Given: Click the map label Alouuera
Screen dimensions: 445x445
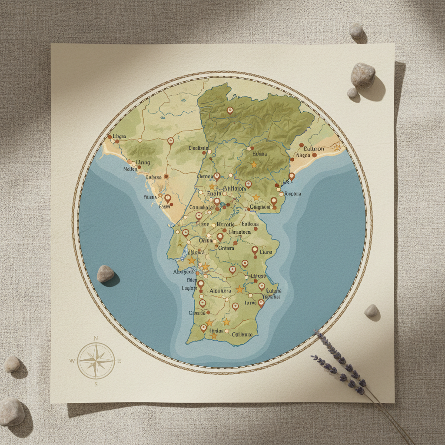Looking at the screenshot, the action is click(220, 291).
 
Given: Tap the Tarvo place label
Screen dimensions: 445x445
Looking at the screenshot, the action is click(251, 302).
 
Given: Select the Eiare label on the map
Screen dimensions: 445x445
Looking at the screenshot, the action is click(266, 252).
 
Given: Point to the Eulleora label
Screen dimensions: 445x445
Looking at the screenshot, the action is click(250, 224).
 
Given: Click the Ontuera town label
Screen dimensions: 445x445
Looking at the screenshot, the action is click(226, 248).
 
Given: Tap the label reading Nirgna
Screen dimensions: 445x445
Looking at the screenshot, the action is click(304, 155).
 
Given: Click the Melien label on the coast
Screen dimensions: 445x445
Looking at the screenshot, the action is click(130, 169).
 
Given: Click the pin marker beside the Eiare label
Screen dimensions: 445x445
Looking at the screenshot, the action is click(255, 250).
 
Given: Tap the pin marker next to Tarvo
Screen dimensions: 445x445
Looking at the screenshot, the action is click(261, 303).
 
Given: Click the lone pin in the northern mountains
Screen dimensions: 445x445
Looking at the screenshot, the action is click(230, 111).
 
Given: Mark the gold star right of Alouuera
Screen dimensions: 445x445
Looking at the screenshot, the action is click(239, 289).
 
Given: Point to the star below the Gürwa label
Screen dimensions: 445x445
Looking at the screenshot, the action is click(254, 165).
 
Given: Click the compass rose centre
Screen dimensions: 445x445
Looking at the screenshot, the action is click(96, 360).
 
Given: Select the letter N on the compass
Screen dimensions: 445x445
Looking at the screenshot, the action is click(96, 339).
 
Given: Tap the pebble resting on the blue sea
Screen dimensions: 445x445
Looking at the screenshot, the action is click(105, 273).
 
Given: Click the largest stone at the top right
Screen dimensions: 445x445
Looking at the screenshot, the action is click(362, 75).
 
